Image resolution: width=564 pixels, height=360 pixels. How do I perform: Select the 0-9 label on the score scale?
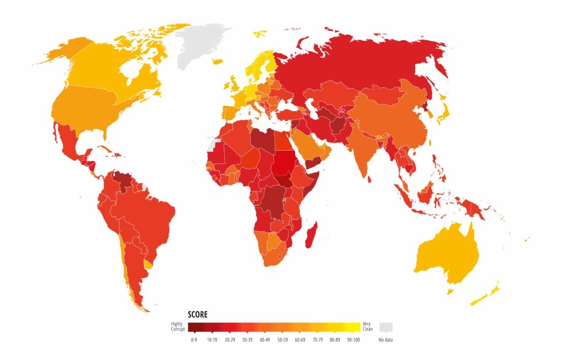click(x=194, y=340)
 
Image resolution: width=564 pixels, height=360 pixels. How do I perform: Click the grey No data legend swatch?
click(x=386, y=327)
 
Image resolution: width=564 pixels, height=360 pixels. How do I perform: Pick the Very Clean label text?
click(x=367, y=327)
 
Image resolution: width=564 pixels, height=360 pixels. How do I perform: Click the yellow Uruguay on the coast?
click(x=147, y=265)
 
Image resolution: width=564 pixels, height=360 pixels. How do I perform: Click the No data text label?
click(x=386, y=340)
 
